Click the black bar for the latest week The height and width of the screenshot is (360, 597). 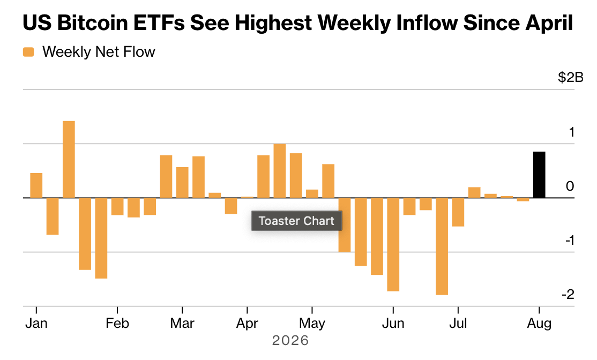click(539, 175)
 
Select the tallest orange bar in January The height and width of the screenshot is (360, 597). click(69, 160)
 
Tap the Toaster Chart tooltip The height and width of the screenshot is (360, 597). click(296, 221)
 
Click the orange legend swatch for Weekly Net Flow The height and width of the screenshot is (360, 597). click(28, 52)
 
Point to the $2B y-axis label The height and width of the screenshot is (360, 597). click(570, 77)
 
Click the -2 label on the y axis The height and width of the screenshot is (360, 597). click(568, 294)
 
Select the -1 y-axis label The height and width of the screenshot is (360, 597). click(569, 240)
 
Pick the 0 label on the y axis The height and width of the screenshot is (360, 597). click(570, 186)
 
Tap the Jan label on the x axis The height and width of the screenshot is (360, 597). click(36, 324)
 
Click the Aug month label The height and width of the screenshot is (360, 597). click(539, 324)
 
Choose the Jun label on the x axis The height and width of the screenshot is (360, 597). click(393, 324)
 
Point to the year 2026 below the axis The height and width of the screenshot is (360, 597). click(290, 340)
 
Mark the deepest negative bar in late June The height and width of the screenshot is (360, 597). click(442, 246)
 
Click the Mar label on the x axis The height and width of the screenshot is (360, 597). click(182, 324)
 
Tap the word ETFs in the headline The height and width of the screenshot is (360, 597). click(159, 22)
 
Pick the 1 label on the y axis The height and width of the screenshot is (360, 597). click(571, 132)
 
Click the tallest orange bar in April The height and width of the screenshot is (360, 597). click(279, 171)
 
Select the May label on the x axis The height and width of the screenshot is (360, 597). click(312, 324)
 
